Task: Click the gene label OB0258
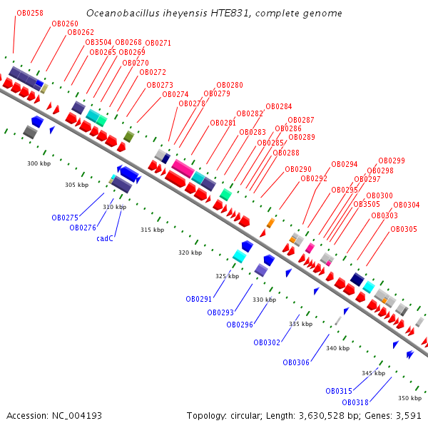click(29, 13)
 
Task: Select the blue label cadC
click(105, 239)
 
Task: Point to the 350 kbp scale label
click(409, 398)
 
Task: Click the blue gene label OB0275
click(65, 218)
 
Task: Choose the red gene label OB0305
click(404, 230)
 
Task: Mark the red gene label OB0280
click(230, 85)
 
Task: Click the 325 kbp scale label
click(228, 276)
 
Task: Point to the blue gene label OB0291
click(199, 299)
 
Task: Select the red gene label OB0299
click(392, 161)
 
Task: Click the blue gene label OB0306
click(296, 362)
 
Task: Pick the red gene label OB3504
click(98, 42)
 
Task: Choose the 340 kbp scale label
click(337, 348)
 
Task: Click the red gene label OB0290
click(298, 170)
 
